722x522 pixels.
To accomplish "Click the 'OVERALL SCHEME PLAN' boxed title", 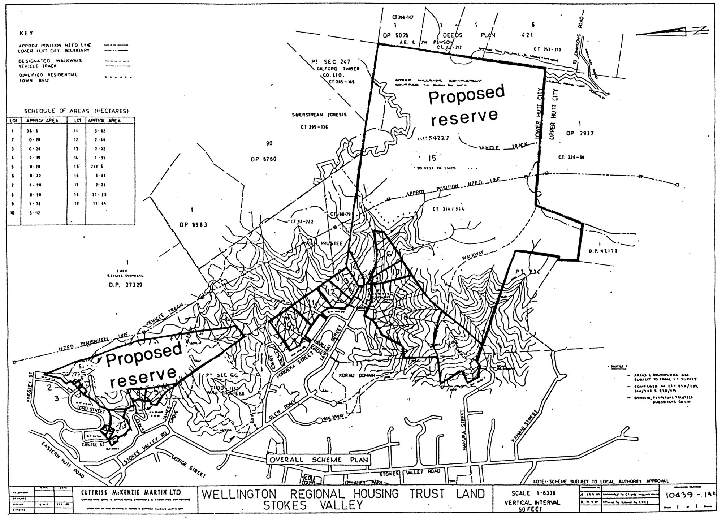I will [318, 460].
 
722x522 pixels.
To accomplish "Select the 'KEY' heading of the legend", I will [26, 33].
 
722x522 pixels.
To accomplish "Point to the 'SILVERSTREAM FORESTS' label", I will [319, 115].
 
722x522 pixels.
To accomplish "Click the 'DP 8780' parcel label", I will [263, 159].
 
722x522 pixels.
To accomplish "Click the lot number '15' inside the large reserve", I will [432, 158].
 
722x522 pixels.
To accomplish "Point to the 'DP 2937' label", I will [580, 133].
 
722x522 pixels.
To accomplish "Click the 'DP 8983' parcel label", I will [193, 225].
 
